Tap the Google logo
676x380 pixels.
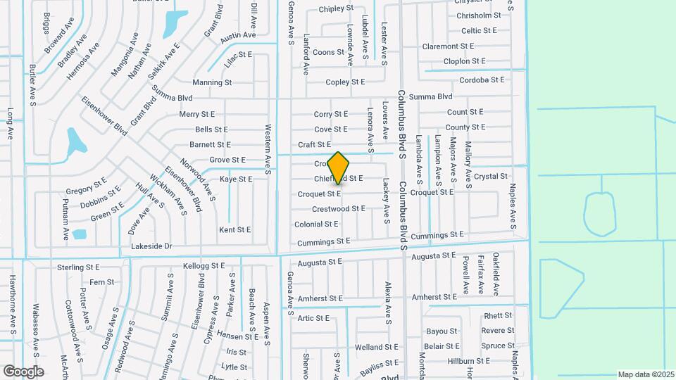(23, 371)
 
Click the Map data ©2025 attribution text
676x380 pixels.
(645, 374)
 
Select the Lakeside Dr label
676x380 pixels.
(151, 246)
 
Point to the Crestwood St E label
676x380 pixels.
(339, 209)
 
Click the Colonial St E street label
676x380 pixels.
(316, 224)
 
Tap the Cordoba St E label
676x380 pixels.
(482, 80)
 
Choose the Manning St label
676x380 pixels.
(212, 82)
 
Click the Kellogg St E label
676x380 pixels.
(204, 266)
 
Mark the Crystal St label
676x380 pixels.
(491, 177)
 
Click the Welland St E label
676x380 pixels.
(377, 348)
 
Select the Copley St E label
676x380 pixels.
(345, 82)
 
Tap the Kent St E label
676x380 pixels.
(235, 230)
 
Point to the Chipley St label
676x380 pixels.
(336, 9)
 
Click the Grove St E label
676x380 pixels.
(227, 160)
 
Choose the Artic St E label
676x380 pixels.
(313, 318)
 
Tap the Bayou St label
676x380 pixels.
(442, 331)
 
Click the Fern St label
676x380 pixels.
(101, 282)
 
